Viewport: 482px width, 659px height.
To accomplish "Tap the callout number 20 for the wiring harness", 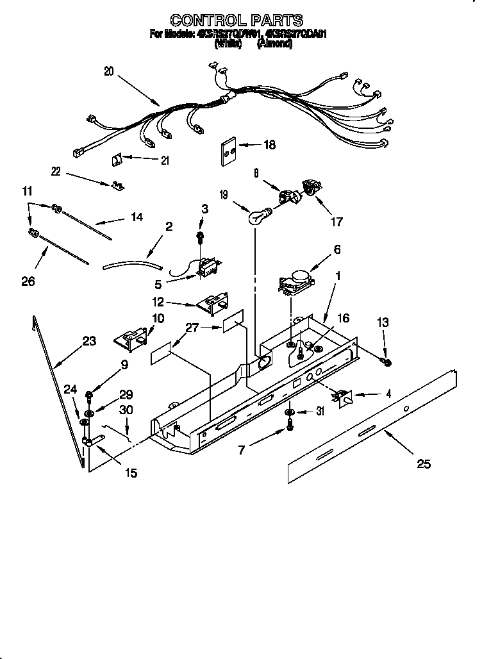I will point(108,72).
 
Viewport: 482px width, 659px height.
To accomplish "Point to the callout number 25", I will point(423,464).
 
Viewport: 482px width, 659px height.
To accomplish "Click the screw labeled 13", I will point(387,363).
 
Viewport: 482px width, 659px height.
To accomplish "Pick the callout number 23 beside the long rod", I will point(88,341).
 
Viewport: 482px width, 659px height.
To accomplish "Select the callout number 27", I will point(192,328).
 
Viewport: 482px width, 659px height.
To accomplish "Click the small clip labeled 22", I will point(116,185).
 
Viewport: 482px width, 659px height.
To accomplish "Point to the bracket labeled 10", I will point(135,339).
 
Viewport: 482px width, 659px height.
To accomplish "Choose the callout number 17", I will point(336,222).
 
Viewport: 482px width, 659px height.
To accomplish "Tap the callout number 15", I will point(131,473).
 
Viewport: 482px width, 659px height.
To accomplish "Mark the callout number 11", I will point(26,191).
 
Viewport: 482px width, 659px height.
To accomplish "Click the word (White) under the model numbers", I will point(228,44).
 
